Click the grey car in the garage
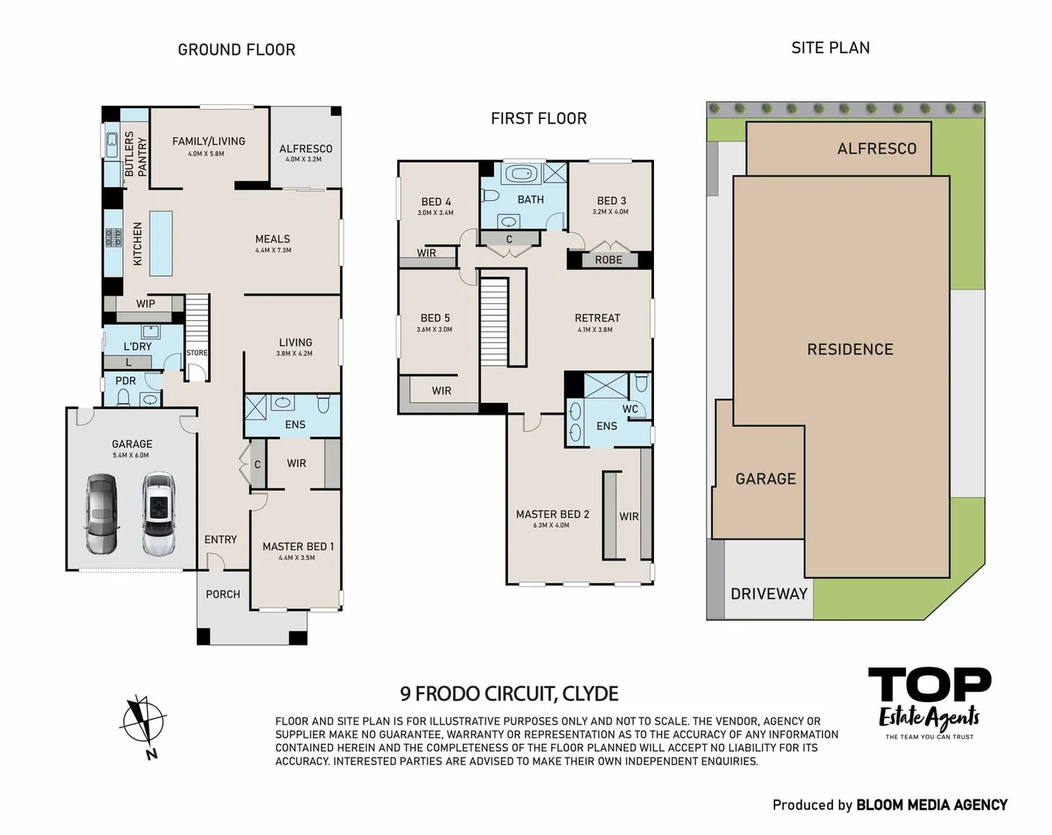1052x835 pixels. coord(101,515)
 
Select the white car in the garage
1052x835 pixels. coord(158,515)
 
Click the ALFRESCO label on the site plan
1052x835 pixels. coord(877,148)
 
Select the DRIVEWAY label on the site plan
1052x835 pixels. coord(768,594)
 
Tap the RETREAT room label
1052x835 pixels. coord(597,318)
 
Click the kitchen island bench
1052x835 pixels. coord(161,243)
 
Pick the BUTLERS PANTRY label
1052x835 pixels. coord(135,153)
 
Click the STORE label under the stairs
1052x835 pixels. coord(197,353)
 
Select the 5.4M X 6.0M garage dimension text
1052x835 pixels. coord(131,455)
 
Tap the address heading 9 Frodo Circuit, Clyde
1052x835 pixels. coord(509,694)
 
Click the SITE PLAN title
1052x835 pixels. coord(830,48)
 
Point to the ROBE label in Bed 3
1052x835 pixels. coord(608,260)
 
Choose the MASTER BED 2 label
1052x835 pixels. coord(552,514)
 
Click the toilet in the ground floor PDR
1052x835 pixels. coord(124,397)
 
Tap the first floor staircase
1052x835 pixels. coord(493,321)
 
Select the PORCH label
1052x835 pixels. coord(223,594)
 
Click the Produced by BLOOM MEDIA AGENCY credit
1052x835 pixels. coord(890,805)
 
